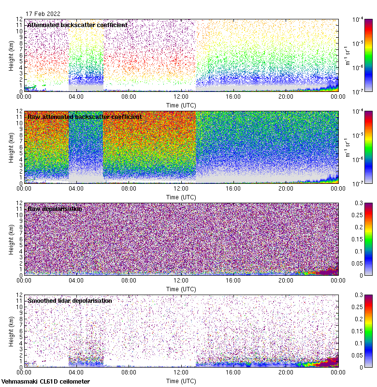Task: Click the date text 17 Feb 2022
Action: (x=43, y=14)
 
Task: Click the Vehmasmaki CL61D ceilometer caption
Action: (x=45, y=382)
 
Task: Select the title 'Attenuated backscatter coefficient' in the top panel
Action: (x=77, y=25)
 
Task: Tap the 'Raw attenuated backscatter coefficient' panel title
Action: (x=85, y=117)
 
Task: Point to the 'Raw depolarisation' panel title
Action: (x=55, y=208)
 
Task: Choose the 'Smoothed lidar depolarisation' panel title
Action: (x=70, y=300)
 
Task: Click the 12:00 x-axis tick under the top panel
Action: (x=181, y=96)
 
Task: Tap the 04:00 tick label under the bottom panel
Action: (x=76, y=372)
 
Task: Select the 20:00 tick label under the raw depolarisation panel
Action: (x=286, y=280)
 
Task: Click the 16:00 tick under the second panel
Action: (x=233, y=188)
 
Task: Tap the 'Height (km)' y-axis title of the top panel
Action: (x=11, y=55)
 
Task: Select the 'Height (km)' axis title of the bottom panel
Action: (x=11, y=331)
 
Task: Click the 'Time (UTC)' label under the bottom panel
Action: (x=181, y=381)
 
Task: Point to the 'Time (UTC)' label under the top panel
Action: (x=181, y=104)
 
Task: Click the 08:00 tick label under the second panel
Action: (x=129, y=188)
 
